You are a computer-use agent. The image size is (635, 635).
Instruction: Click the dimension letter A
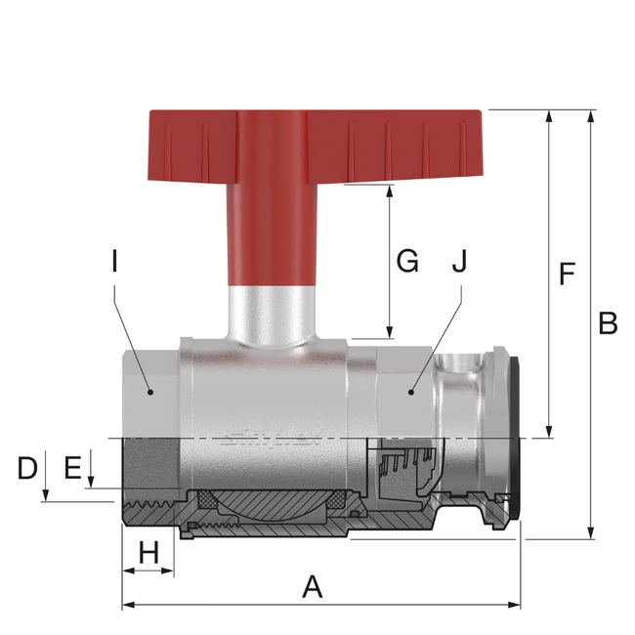point(312,586)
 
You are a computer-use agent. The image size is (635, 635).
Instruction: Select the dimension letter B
point(608,323)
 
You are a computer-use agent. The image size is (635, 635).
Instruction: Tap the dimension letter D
point(28,468)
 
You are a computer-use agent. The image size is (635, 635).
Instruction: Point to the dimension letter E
point(71,468)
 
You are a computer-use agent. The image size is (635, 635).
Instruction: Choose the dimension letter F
point(567,275)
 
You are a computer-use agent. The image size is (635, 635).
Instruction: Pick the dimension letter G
point(406,261)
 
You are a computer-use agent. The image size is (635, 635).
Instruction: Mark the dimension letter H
point(148,553)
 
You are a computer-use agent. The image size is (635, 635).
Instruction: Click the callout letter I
point(114,261)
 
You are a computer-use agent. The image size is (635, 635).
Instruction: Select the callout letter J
point(459,261)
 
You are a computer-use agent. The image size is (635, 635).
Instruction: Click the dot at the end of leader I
point(149,392)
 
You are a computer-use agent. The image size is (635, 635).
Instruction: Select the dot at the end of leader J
point(411,392)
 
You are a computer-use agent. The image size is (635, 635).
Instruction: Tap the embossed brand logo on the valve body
point(269,437)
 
